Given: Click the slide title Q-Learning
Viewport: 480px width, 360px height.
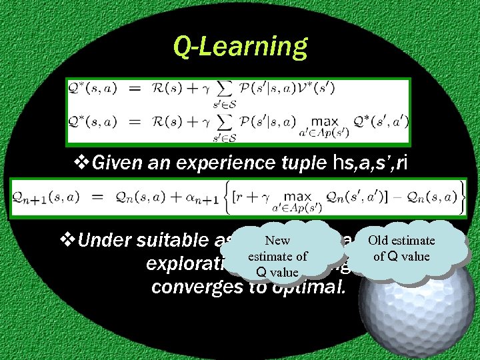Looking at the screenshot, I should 240,47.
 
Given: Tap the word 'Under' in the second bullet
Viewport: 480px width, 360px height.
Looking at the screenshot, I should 107,241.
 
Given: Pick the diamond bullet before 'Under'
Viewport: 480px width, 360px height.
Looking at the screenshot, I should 69,241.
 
